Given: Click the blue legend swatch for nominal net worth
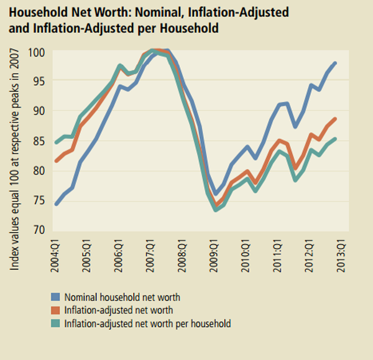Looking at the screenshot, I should [x=56, y=298].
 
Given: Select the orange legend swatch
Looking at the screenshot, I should [x=56, y=310].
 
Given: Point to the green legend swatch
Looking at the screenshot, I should [x=56, y=323].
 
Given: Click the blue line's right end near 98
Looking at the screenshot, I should [x=336, y=63].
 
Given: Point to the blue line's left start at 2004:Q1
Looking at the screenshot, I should [x=57, y=203].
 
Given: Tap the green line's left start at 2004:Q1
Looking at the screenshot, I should [x=57, y=142].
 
